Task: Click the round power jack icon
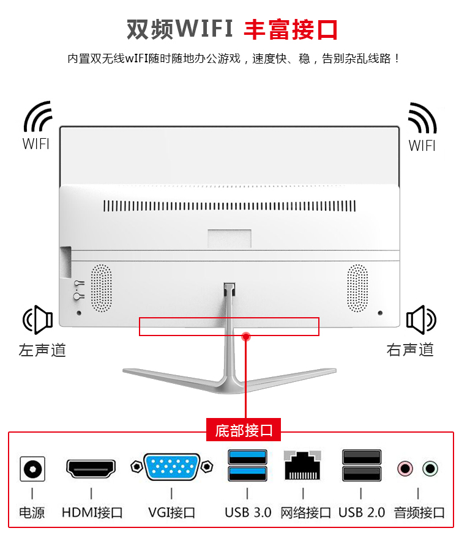tap(32, 469)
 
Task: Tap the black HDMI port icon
tap(91, 469)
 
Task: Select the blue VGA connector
tap(171, 468)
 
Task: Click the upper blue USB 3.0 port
tap(247, 457)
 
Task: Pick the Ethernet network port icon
tap(303, 467)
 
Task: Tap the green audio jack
tap(431, 469)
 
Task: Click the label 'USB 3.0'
tap(247, 512)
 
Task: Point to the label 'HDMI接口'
tap(92, 512)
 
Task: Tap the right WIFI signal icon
tap(422, 118)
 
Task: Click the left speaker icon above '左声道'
tap(38, 319)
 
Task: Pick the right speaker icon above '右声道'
tap(421, 319)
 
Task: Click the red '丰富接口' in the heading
tap(291, 29)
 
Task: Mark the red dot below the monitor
tap(246, 336)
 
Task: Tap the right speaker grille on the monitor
tap(357, 287)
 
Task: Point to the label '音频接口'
tap(419, 512)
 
